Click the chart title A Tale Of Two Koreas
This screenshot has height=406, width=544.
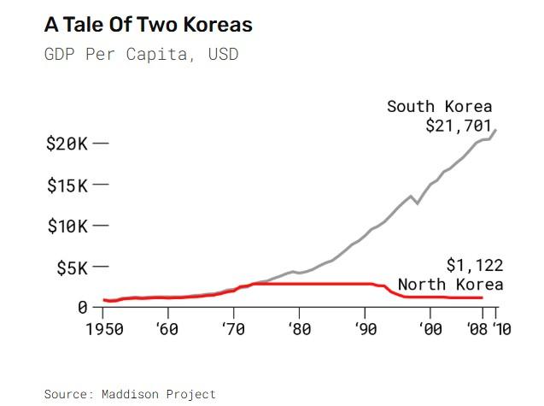tap(148, 25)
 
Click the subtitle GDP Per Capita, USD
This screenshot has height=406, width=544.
tap(141, 55)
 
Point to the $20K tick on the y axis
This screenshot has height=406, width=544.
tap(101, 143)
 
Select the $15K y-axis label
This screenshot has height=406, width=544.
tap(67, 185)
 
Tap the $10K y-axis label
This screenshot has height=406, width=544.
tap(67, 227)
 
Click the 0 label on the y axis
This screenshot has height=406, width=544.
tap(83, 307)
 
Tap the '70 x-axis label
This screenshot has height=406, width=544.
tap(233, 328)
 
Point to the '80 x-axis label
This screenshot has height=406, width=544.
tap(299, 328)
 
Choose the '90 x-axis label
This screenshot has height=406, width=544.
tap(365, 328)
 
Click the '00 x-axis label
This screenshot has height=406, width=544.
tap(430, 328)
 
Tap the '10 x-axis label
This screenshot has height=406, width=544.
tap(501, 328)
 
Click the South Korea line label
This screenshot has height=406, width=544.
tap(439, 107)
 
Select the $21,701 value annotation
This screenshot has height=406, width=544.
tap(459, 126)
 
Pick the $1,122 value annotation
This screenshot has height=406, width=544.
tap(474, 265)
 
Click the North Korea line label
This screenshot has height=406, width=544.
tap(450, 285)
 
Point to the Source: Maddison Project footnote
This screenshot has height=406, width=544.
tap(130, 394)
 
